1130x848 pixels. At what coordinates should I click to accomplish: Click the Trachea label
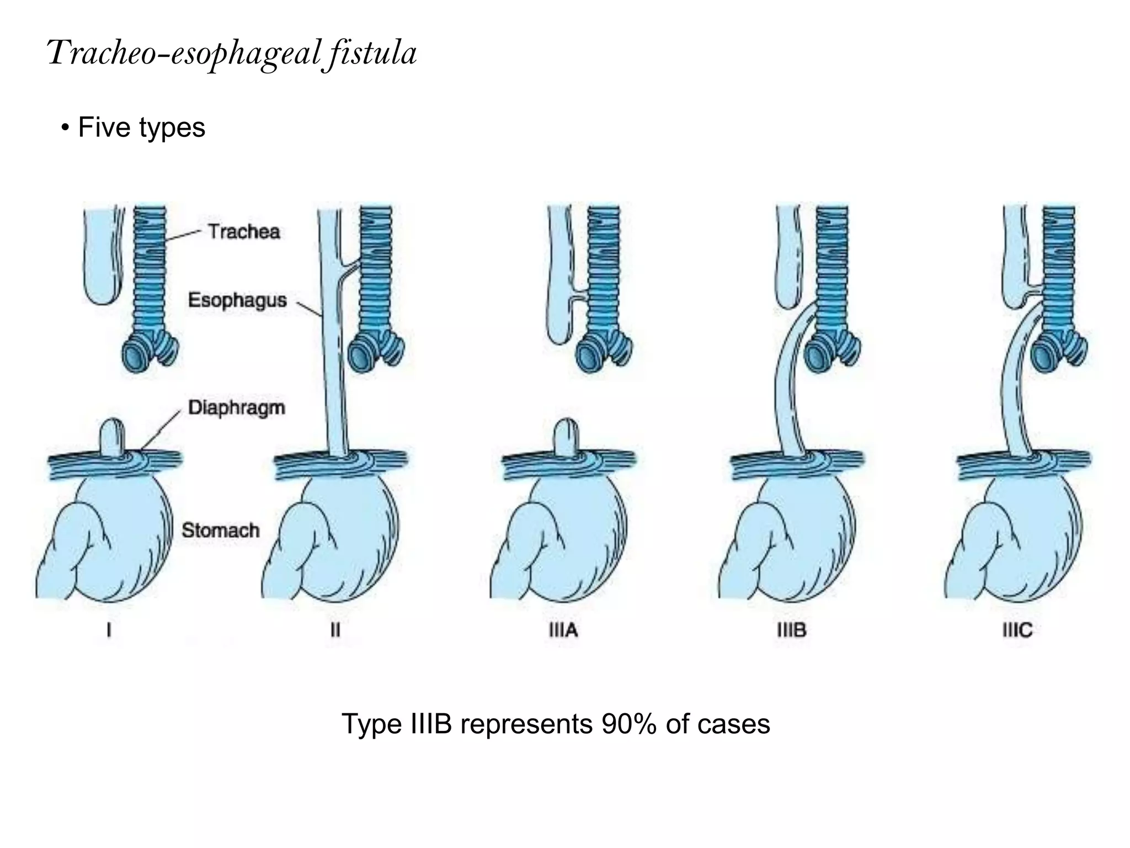coord(244,231)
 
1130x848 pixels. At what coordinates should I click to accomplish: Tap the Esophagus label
coord(237,300)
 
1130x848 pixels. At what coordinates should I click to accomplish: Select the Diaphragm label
coord(237,407)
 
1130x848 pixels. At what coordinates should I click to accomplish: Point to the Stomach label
coord(220,530)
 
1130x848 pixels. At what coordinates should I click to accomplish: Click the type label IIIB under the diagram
coord(791,630)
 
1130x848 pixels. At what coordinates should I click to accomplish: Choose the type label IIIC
coord(1017,630)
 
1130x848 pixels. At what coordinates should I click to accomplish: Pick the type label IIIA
coord(563,630)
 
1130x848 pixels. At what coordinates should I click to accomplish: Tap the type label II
coord(335,630)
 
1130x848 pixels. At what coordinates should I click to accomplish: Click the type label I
coord(109,630)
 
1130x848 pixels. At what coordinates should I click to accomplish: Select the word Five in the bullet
coord(105,128)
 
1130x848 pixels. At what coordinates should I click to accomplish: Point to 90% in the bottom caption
coord(629,724)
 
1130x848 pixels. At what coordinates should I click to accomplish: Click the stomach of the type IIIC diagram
coord(1021,541)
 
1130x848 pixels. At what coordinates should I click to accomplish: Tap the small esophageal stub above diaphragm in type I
coord(113,436)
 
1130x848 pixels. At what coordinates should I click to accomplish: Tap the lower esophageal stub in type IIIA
coord(566,436)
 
